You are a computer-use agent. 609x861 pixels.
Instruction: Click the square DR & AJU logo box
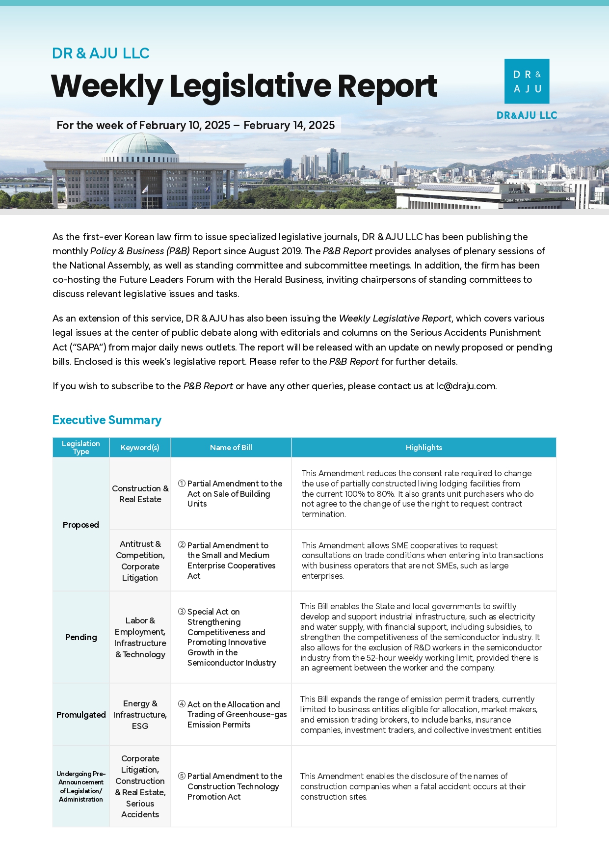pyautogui.click(x=527, y=81)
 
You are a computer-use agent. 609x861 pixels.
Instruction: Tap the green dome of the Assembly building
pyautogui.click(x=140, y=145)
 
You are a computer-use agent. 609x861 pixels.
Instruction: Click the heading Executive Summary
pyautogui.click(x=106, y=420)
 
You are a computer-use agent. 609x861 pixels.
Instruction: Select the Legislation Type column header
pyautogui.click(x=81, y=447)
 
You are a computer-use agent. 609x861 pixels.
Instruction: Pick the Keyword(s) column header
pyautogui.click(x=140, y=447)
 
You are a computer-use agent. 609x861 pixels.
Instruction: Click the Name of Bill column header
pyautogui.click(x=231, y=447)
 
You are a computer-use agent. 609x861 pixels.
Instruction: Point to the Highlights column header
pyautogui.click(x=424, y=447)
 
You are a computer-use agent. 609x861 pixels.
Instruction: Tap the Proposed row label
pyautogui.click(x=81, y=525)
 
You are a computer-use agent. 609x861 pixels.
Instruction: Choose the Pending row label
pyautogui.click(x=81, y=637)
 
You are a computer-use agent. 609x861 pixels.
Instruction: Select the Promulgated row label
pyautogui.click(x=81, y=715)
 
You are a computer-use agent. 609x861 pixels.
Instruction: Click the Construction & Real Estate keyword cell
pyautogui.click(x=140, y=494)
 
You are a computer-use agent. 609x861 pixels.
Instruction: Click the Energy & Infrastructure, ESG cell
pyautogui.click(x=140, y=715)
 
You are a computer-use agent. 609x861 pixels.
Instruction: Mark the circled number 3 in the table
pyautogui.click(x=182, y=612)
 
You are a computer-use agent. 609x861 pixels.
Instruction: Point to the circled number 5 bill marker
pyautogui.click(x=182, y=776)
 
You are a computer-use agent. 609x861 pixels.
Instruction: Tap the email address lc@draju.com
pyautogui.click(x=466, y=386)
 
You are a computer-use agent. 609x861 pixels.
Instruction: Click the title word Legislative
pyautogui.click(x=250, y=86)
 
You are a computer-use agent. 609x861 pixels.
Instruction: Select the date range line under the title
pyautogui.click(x=195, y=125)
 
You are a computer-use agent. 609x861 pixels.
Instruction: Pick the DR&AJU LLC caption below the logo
pyautogui.click(x=527, y=115)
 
